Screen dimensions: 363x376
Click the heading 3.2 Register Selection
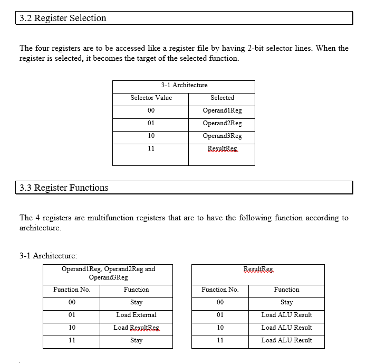(x=63, y=18)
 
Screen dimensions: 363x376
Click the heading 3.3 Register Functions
(x=64, y=188)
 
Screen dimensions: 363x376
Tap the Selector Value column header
(x=151, y=98)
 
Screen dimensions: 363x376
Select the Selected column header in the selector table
(x=222, y=98)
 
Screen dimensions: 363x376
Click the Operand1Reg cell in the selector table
(x=222, y=111)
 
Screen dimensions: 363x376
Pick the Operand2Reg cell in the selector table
(x=222, y=123)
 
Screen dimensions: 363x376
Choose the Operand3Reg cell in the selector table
(x=222, y=136)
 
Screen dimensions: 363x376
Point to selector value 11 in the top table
(x=151, y=148)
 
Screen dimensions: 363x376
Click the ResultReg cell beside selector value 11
(x=222, y=149)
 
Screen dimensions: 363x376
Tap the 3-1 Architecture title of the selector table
(x=184, y=85)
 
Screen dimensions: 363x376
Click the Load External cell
(x=136, y=315)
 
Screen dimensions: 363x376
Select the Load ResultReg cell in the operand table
(x=136, y=328)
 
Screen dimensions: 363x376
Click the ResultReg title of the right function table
(x=258, y=269)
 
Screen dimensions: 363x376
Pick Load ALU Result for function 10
(x=286, y=328)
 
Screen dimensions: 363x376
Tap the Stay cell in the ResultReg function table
(x=286, y=302)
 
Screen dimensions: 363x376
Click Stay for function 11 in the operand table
(x=136, y=340)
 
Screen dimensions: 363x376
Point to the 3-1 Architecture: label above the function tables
(x=49, y=256)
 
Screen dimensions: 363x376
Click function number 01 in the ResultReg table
(x=220, y=315)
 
